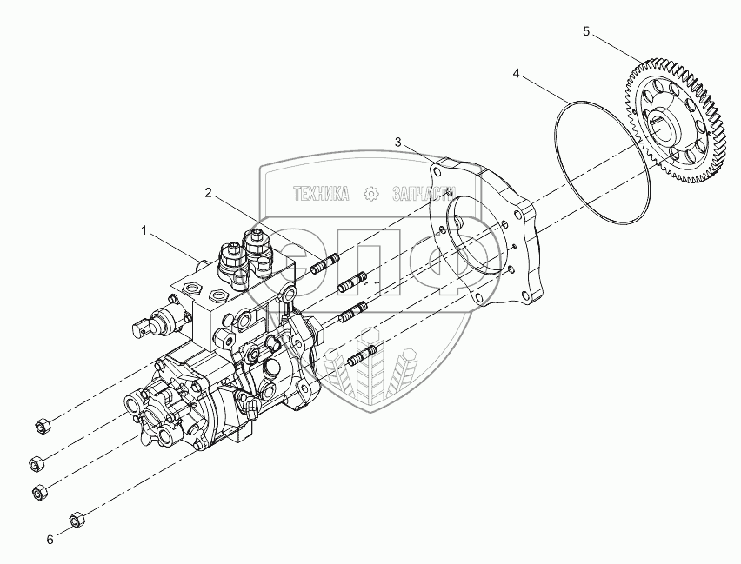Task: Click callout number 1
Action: coord(145,231)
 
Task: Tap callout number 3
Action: coord(397,142)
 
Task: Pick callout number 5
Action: coord(586,31)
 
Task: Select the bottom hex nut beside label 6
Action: coord(76,519)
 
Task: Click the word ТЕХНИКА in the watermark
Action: coord(320,193)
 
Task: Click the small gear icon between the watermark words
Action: coord(370,193)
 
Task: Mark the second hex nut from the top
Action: coord(37,461)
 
